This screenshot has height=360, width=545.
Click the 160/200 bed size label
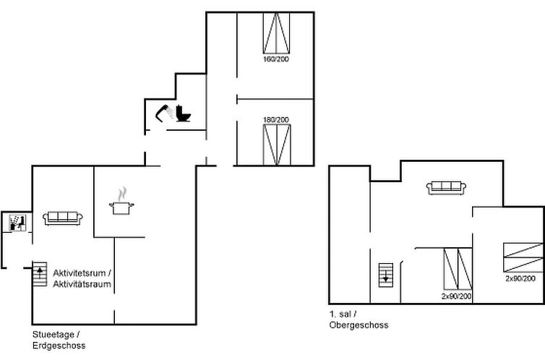click(276, 59)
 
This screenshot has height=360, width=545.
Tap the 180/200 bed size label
click(276, 119)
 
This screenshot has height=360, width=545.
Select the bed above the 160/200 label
click(276, 33)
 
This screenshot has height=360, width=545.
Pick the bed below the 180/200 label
click(277, 145)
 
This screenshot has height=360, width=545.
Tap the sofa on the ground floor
click(64, 218)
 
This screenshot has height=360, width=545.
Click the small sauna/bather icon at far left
click(16, 223)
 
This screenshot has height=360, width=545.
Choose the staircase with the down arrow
click(386, 275)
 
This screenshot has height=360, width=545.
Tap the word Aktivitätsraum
click(82, 284)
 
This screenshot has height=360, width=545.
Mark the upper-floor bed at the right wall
click(523, 257)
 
